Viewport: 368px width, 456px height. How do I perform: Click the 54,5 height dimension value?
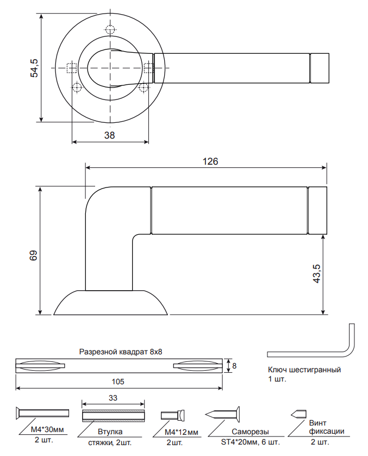pos(34,68)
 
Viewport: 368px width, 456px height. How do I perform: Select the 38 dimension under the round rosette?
pos(110,136)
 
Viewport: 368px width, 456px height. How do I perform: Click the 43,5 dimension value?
pos(317,274)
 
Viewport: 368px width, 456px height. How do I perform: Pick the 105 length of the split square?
pos(118,382)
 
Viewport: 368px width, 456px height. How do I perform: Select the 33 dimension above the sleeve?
pos(113,397)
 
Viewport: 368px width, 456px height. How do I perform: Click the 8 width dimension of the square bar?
pos(234,366)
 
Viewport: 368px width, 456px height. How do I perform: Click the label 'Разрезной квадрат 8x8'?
pos(121,352)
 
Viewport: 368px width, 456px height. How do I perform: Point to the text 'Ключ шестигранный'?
pos(304,370)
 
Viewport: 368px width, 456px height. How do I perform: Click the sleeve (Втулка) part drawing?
pos(114,416)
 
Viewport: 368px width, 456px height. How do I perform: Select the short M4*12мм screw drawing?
pos(173,415)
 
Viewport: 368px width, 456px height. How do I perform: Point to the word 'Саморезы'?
pos(251,432)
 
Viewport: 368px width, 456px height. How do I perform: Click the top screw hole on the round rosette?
pos(110,30)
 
